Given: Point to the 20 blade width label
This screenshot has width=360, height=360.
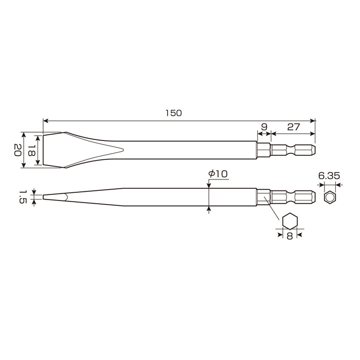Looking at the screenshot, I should [x=17, y=150].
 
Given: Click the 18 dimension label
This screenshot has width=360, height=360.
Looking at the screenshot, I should [x=31, y=150].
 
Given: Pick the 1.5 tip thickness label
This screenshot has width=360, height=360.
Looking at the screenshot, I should [x=22, y=196].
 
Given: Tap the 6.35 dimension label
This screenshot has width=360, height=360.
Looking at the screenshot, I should [x=329, y=176].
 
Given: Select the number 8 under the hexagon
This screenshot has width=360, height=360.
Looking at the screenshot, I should [x=290, y=237].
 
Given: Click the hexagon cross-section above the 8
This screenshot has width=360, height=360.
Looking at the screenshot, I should [x=290, y=221].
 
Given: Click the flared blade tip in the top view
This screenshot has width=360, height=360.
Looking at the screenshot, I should [x=51, y=150].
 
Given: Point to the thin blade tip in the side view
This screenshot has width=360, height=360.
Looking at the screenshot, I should [x=46, y=196].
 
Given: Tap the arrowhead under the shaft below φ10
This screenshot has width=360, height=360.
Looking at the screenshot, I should [x=209, y=208].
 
